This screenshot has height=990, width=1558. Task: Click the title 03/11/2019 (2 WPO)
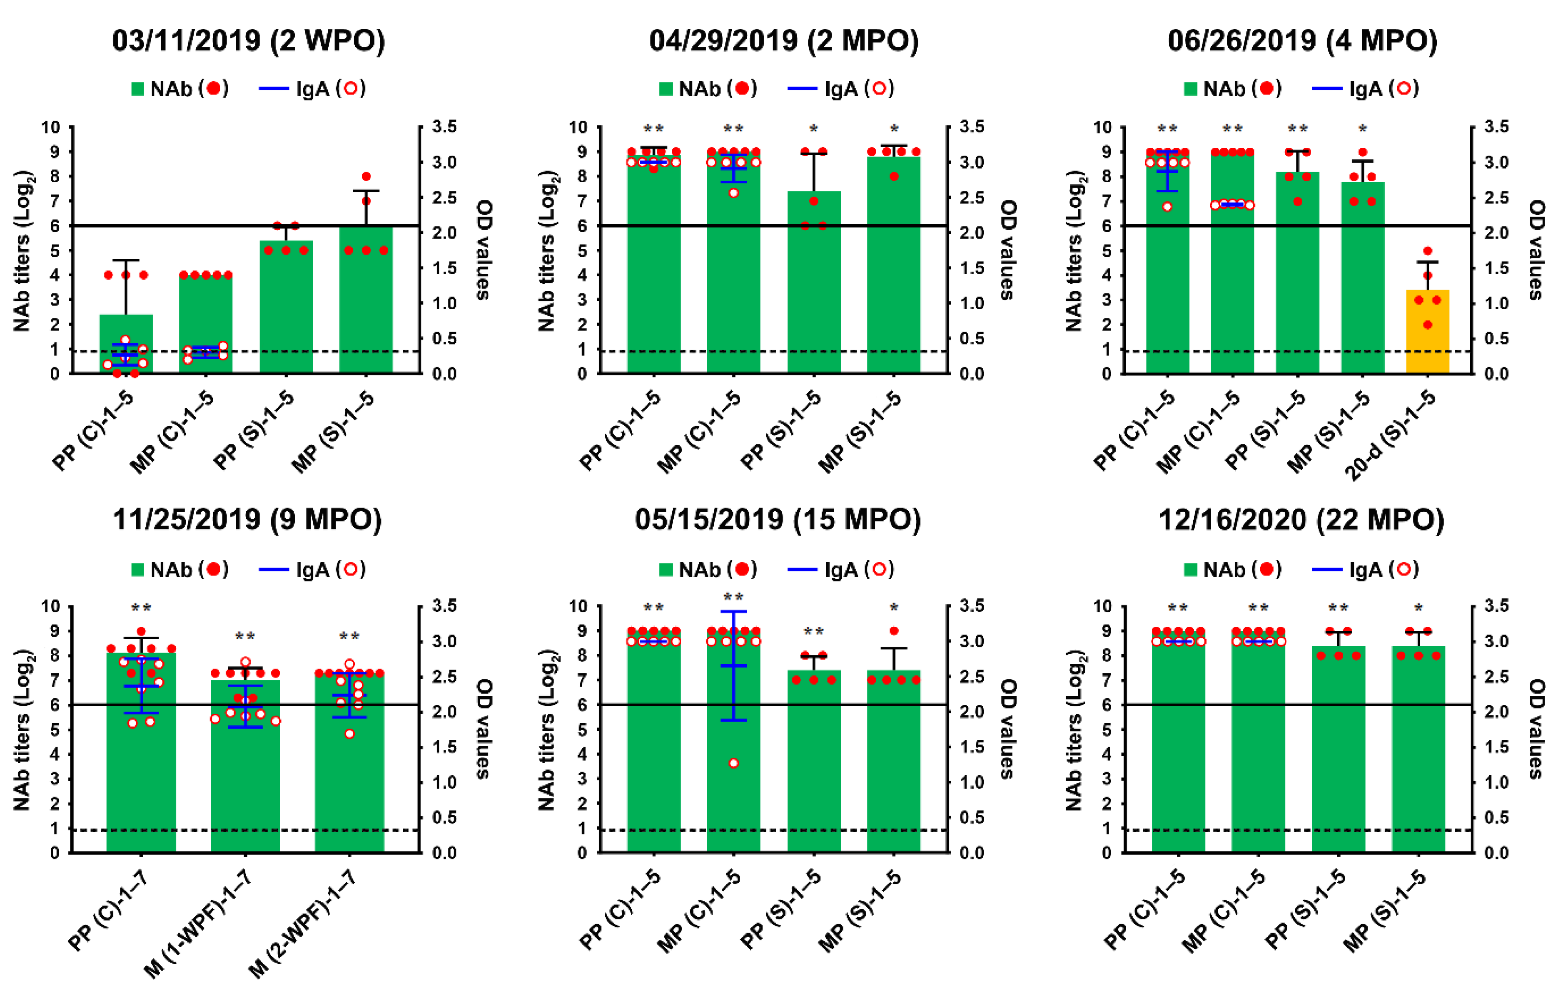pos(249,40)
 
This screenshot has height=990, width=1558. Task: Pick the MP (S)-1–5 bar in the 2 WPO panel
pos(366,304)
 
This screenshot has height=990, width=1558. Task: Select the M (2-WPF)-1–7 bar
pos(349,776)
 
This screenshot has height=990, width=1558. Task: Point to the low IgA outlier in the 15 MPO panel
pos(733,763)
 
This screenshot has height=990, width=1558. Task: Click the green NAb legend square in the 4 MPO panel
pos(1191,89)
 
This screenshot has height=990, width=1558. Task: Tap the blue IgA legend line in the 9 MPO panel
pos(273,570)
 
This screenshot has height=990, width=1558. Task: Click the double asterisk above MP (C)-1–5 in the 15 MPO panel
pos(733,596)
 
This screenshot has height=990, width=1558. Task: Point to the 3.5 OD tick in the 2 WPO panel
pos(444,127)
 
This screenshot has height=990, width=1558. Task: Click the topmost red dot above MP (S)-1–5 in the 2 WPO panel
pos(366,176)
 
